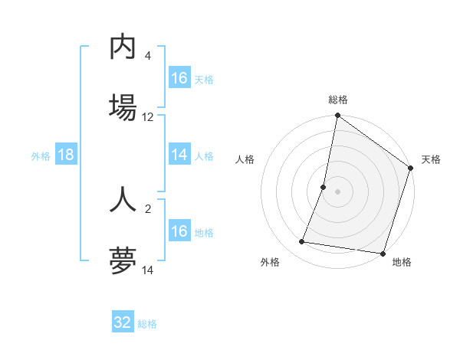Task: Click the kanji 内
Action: pos(123,47)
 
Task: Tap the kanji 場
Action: pos(123,106)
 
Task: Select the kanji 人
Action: pos(123,198)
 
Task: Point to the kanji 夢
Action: pos(123,260)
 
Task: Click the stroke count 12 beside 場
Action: pos(148,117)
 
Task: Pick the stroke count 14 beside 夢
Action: pos(148,270)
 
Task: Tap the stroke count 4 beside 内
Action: pos(148,56)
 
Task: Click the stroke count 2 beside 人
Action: pos(148,208)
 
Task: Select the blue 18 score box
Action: pos(66,155)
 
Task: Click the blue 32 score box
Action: pos(123,322)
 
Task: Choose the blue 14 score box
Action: pos(179,155)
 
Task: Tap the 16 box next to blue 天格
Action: pos(179,78)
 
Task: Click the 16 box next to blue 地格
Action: pos(179,231)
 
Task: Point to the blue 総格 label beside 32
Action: pos(147,324)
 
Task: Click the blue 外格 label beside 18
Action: pos(41,156)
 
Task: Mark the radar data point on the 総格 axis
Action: pos(337,116)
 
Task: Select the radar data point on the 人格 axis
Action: pos(324,187)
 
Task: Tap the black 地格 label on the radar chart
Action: pos(402,263)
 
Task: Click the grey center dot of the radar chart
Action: pos(337,191)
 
